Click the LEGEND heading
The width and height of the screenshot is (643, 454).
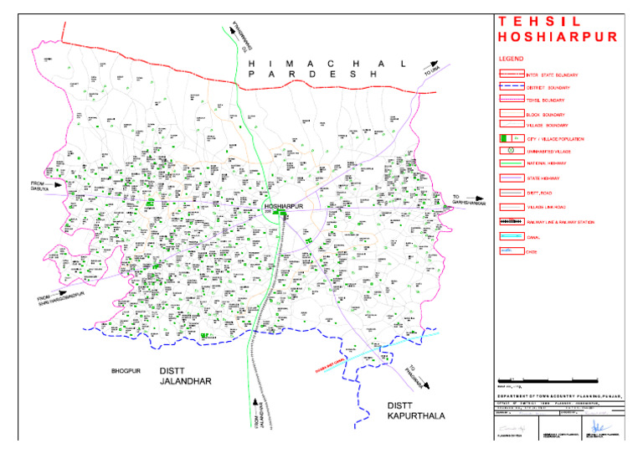click(510, 60)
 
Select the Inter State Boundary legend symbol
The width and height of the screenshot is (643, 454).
click(508, 75)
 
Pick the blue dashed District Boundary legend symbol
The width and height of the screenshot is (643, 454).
click(508, 87)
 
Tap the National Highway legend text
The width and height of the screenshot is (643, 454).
click(547, 163)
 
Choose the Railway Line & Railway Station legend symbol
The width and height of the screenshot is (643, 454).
click(508, 222)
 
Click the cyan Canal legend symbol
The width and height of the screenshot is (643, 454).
click(508, 236)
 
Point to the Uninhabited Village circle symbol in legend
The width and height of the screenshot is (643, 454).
click(508, 149)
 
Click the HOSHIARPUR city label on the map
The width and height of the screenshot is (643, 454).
click(281, 205)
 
